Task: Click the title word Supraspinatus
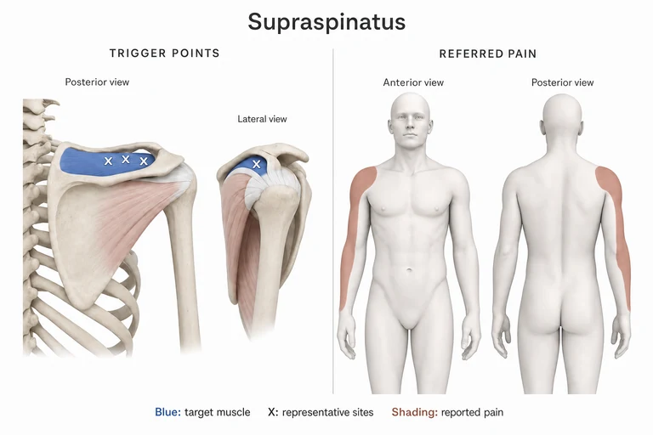(326, 21)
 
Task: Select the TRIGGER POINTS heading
(164, 54)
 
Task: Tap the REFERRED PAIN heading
(488, 54)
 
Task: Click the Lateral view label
(262, 119)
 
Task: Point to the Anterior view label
(413, 82)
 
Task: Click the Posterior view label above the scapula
(97, 82)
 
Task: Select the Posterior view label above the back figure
(562, 82)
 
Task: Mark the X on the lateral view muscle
(257, 164)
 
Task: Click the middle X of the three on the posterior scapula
(125, 159)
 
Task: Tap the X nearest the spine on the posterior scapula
(108, 161)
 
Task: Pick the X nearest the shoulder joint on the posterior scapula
(144, 161)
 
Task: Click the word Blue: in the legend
(168, 412)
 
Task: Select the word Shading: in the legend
(414, 412)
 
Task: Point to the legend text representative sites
(327, 413)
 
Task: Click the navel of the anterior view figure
(409, 271)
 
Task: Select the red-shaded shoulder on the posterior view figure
(609, 183)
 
